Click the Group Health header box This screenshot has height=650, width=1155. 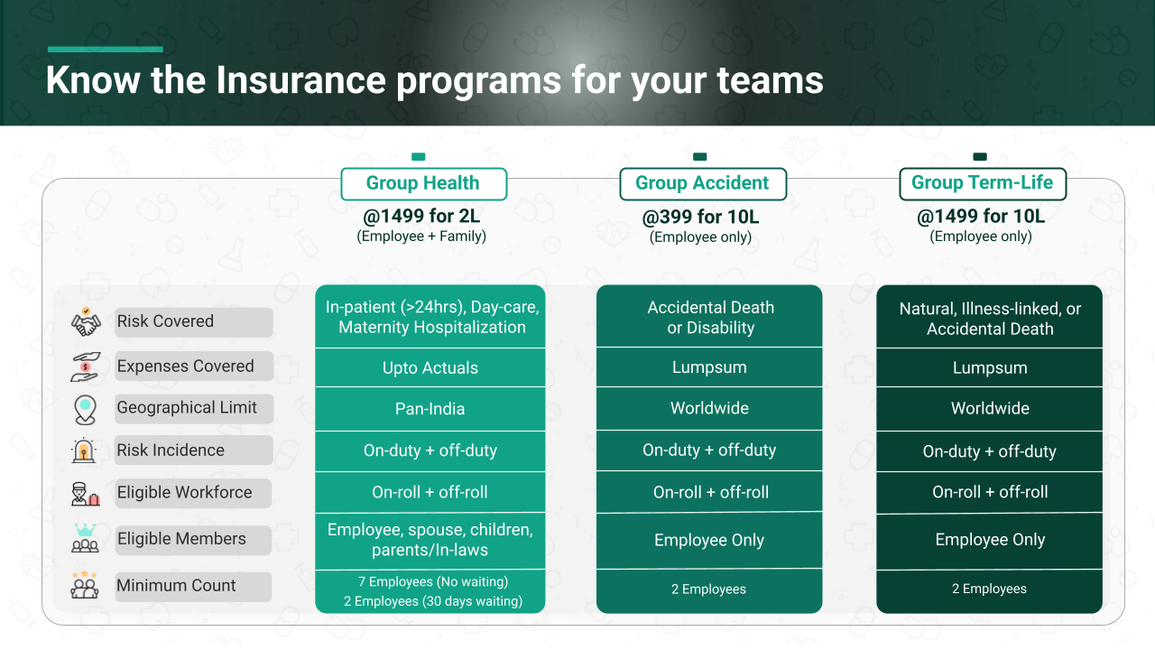(x=424, y=183)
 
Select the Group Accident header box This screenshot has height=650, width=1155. (x=703, y=183)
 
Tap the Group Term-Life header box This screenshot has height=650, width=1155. (x=983, y=183)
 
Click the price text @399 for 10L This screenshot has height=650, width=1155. (x=700, y=217)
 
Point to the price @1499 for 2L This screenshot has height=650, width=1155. (x=421, y=216)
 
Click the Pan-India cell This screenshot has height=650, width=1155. (x=430, y=409)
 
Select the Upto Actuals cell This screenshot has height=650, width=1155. (x=430, y=367)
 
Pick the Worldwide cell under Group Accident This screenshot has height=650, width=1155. (x=709, y=408)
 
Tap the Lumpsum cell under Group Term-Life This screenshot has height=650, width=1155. (x=990, y=367)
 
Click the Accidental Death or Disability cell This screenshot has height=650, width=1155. (x=709, y=316)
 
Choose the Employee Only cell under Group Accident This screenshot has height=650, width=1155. (x=709, y=540)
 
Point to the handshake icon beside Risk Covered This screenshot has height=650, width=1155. (x=86, y=322)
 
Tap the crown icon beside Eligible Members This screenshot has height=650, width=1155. (x=85, y=530)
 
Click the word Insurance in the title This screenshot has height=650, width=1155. (x=300, y=80)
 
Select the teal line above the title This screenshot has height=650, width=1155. (x=106, y=50)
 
